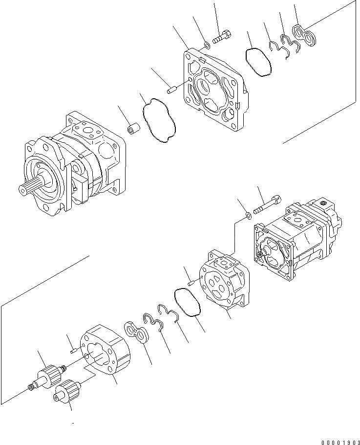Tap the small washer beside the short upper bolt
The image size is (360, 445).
(x=207, y=45)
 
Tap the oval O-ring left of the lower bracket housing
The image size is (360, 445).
(x=188, y=303)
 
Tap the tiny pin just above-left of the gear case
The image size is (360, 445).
(x=73, y=349)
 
